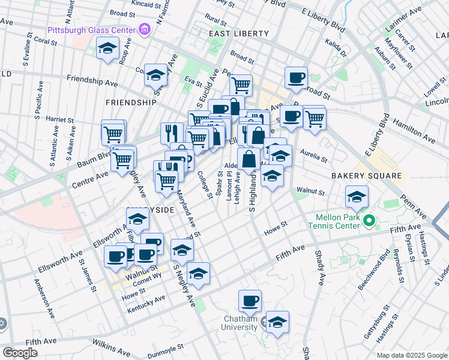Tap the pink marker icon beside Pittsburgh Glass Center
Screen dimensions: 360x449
tap(144, 28)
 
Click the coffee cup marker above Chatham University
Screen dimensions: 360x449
tap(250, 300)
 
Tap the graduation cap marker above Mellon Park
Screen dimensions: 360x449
tap(357, 196)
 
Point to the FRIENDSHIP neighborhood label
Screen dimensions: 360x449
tap(131, 103)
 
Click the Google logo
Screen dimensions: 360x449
tap(20, 353)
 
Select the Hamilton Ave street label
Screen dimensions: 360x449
tap(413, 130)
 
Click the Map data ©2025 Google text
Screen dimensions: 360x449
tap(411, 355)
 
